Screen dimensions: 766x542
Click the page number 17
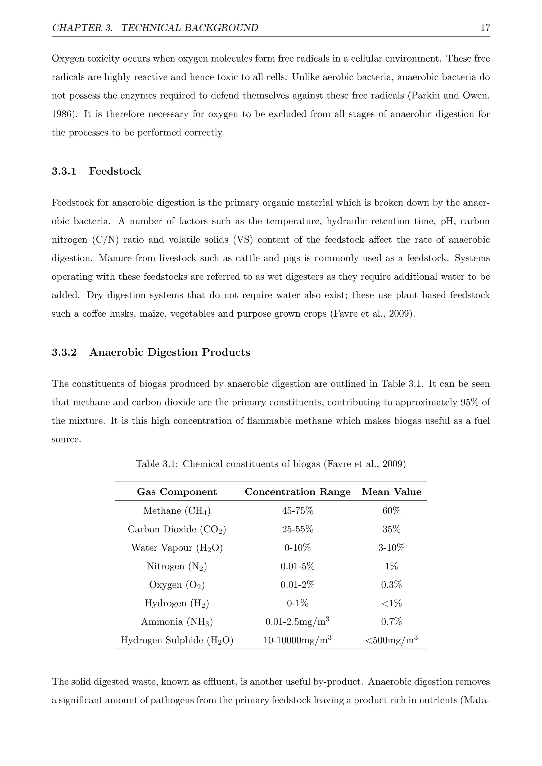click(485, 28)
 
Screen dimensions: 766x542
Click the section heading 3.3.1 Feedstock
click(96, 171)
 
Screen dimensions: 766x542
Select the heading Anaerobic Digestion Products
click(170, 352)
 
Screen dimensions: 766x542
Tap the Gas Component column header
click(177, 492)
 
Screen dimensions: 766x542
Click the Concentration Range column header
click(297, 492)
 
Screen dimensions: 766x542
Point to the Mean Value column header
click(391, 492)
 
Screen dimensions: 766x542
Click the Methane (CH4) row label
click(177, 511)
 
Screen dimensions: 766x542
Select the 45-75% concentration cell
click(297, 511)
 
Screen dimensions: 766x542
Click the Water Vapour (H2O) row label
click(177, 548)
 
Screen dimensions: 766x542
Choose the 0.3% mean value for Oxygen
click(391, 585)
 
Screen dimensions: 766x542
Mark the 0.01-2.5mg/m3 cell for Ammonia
click(297, 622)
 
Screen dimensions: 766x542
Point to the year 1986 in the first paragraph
click(62, 114)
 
